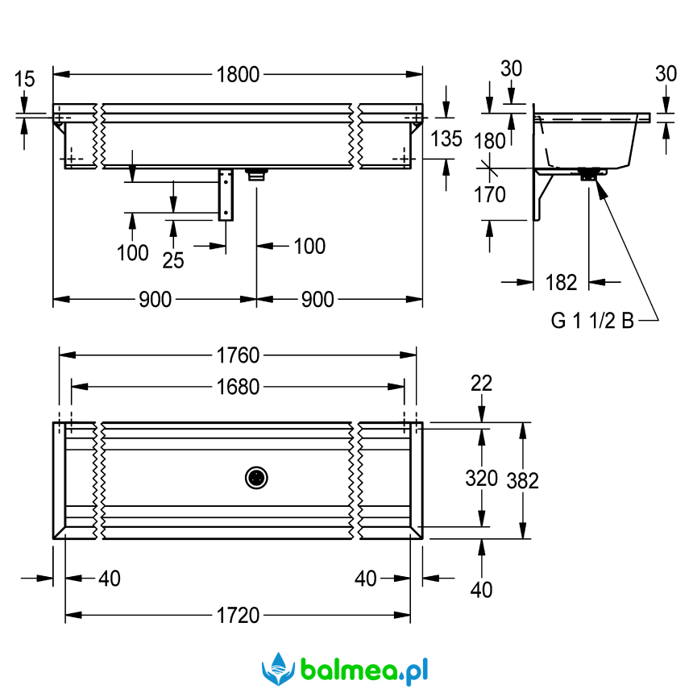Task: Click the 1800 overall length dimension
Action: pyautogui.click(x=238, y=75)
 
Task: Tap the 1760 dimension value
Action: pyautogui.click(x=238, y=355)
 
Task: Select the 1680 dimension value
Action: pyautogui.click(x=238, y=388)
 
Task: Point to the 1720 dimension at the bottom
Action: pyautogui.click(x=238, y=616)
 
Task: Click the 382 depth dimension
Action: pyautogui.click(x=524, y=480)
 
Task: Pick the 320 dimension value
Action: pyautogui.click(x=482, y=478)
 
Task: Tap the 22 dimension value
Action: pyautogui.click(x=482, y=384)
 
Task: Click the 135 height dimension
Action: pyautogui.click(x=446, y=139)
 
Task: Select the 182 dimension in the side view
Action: pyautogui.click(x=561, y=282)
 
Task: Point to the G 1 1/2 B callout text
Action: pyautogui.click(x=592, y=321)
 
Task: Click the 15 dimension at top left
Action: pyautogui.click(x=25, y=79)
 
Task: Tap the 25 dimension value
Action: pyautogui.click(x=173, y=259)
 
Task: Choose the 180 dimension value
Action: pyautogui.click(x=489, y=140)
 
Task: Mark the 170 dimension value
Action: pyautogui.click(x=489, y=194)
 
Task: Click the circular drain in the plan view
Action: pyautogui.click(x=257, y=478)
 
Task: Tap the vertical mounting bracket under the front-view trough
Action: pyautogui.click(x=227, y=194)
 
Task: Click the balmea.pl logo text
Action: pyautogui.click(x=363, y=668)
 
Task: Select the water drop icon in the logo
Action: pyautogui.click(x=276, y=668)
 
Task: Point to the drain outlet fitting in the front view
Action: pyautogui.click(x=257, y=172)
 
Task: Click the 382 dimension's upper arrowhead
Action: pyautogui.click(x=524, y=427)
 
